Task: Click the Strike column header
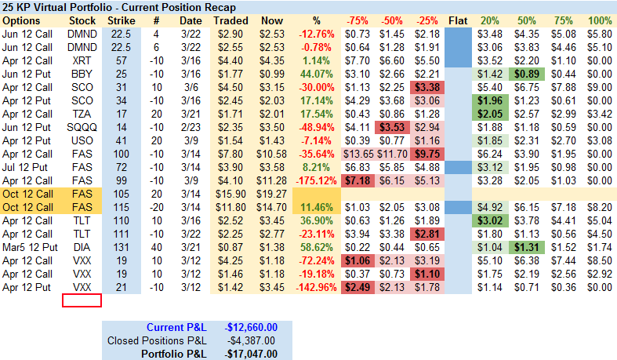[x=122, y=20]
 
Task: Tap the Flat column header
[x=459, y=20]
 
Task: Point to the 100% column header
[x=600, y=20]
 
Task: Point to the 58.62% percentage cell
[x=317, y=246]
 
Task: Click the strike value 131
[x=122, y=246]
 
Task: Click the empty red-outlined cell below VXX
[x=82, y=300]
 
